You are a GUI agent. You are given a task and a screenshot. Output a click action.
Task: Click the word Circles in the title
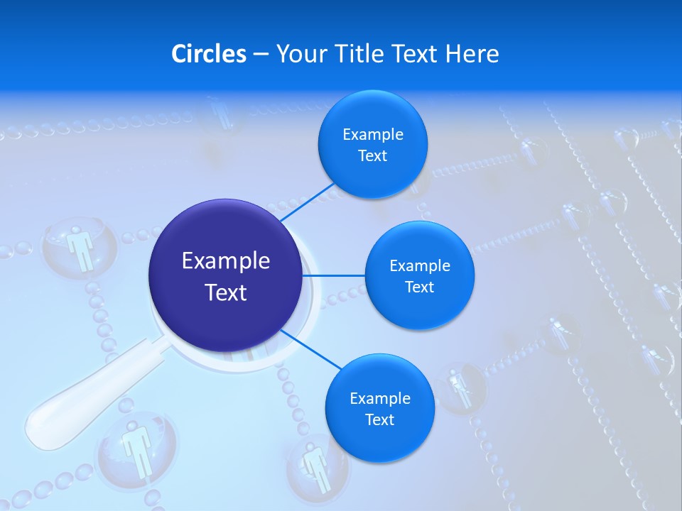[208, 54]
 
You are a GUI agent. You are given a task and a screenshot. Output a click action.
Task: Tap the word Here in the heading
[472, 54]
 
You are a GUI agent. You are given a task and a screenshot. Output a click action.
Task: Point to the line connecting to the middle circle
[334, 275]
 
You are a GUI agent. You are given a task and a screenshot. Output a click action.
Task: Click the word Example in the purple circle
[226, 261]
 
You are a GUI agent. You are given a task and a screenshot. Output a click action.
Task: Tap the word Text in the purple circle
[226, 292]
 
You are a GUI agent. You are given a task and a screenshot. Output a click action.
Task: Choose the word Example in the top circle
[372, 135]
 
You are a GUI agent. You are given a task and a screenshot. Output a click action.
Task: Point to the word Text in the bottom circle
[379, 419]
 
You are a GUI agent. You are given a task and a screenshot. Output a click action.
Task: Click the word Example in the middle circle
[419, 266]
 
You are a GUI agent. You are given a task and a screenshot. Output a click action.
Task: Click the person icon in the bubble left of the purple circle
[80, 248]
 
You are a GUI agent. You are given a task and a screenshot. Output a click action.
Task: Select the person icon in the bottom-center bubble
[315, 465]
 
